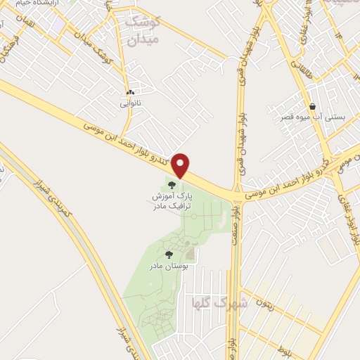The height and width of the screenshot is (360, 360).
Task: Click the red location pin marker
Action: [181, 165]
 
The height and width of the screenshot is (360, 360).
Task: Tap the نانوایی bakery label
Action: [129, 103]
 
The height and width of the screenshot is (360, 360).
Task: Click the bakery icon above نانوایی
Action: [129, 93]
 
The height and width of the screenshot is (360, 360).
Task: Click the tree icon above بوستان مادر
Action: [168, 254]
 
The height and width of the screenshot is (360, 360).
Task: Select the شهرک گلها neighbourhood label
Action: [219, 303]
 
